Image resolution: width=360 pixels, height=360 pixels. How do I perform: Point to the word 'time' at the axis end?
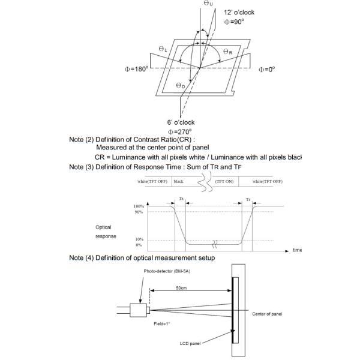click(x=297, y=250)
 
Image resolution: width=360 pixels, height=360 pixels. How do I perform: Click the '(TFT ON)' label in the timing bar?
click(x=225, y=181)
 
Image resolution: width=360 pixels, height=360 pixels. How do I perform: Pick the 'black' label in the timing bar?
click(x=179, y=181)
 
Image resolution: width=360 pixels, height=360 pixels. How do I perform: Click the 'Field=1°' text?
click(x=161, y=324)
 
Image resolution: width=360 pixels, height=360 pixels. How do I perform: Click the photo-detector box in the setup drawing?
click(x=140, y=310)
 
